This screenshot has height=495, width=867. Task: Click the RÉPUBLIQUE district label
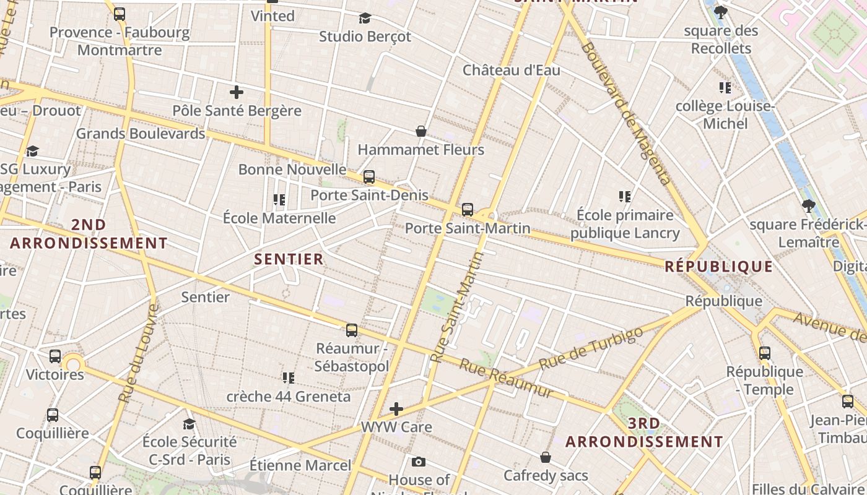tap(718, 267)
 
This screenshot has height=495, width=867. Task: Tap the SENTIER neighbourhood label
tap(289, 259)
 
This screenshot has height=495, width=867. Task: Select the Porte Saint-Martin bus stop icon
tap(468, 210)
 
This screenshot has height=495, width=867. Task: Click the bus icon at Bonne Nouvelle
tap(369, 177)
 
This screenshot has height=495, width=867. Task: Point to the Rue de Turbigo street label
tap(591, 349)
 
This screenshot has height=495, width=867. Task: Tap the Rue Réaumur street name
tap(506, 377)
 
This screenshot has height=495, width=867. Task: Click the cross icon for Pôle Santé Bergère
tap(236, 93)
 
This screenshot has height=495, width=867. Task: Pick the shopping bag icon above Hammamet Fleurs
tap(421, 131)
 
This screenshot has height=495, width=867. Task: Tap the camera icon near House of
tap(419, 462)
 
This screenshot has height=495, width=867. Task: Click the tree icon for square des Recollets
tap(721, 12)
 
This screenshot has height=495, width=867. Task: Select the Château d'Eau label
tap(512, 70)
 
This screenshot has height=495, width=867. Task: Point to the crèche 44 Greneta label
tap(289, 396)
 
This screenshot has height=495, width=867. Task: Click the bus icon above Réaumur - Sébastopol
tap(352, 330)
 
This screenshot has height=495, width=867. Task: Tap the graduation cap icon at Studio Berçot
tap(365, 19)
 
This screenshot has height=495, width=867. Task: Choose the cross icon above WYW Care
tap(396, 409)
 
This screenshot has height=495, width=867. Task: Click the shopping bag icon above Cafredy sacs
tap(546, 457)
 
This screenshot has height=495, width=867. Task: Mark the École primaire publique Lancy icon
tap(625, 197)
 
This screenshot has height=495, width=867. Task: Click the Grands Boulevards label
tap(141, 133)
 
